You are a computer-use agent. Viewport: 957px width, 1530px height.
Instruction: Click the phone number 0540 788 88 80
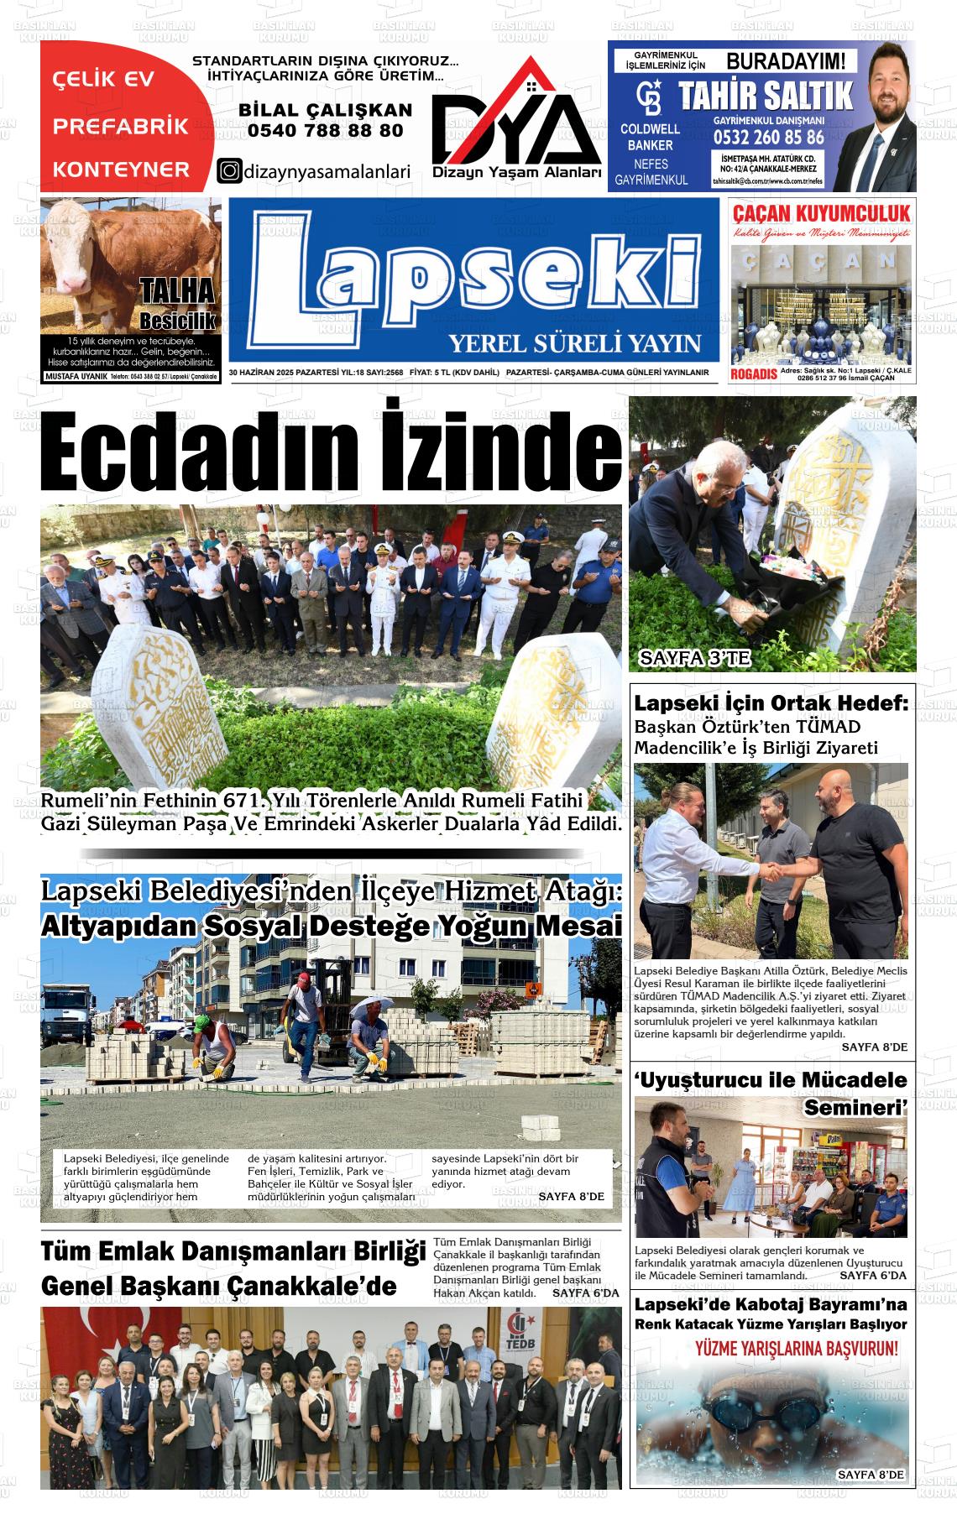pyautogui.click(x=325, y=131)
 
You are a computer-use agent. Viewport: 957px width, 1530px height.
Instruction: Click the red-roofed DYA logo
pyautogui.click(x=516, y=117)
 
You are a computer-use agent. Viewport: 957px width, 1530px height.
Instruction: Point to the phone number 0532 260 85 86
pyautogui.click(x=768, y=137)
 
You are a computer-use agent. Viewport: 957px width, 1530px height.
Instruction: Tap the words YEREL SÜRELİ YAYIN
pyautogui.click(x=574, y=343)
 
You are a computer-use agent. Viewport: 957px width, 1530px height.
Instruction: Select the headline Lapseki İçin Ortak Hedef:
pyautogui.click(x=771, y=703)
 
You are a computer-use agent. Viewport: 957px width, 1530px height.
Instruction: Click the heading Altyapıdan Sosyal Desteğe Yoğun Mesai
pyautogui.click(x=331, y=926)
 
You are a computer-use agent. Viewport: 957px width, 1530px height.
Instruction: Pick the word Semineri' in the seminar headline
pyautogui.click(x=855, y=1108)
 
